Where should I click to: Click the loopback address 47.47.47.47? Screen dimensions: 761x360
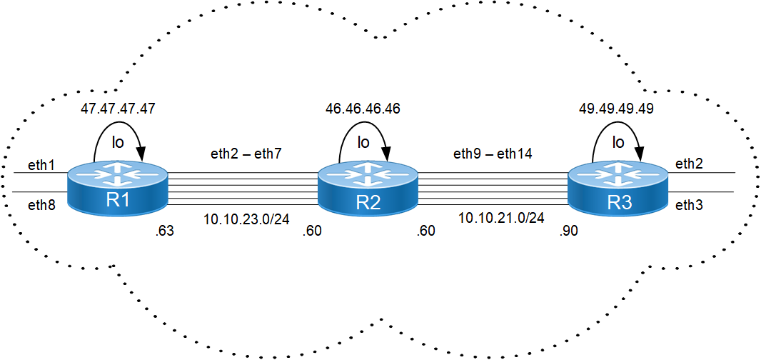pos(118,109)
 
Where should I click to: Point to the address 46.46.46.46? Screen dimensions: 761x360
pos(363,109)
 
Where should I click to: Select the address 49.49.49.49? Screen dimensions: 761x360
pos(616,109)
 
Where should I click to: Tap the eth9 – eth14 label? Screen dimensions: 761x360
pos(492,154)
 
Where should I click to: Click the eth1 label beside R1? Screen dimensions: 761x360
pos(40,165)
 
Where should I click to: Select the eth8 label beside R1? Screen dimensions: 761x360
pos(41,204)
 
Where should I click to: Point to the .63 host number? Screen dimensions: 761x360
pos(163,231)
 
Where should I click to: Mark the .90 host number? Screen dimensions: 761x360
pos(568,231)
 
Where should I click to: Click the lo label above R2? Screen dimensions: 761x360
pos(363,142)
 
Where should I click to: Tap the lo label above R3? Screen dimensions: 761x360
pos(618,142)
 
